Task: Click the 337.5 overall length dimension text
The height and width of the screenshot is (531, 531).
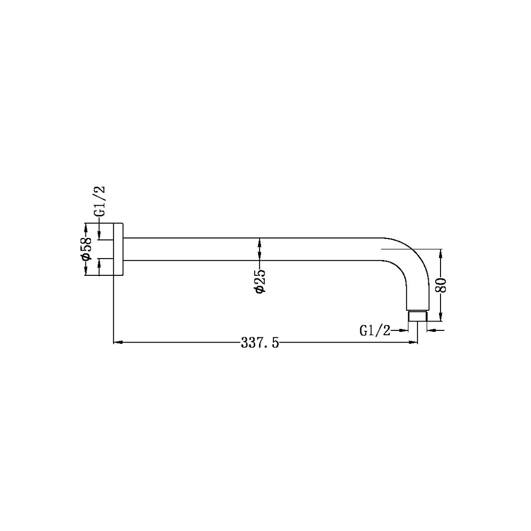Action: [260, 343]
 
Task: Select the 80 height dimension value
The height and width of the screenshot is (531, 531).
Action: [441, 285]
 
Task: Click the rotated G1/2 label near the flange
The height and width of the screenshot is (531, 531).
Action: [100, 202]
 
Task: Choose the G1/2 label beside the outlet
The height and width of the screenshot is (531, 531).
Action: [375, 330]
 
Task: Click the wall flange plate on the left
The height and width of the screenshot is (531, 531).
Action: [118, 249]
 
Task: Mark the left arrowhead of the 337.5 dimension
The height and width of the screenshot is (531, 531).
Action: [118, 343]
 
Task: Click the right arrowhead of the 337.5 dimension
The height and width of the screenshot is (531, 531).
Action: [413, 343]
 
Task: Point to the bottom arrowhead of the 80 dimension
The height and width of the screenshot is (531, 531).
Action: [441, 317]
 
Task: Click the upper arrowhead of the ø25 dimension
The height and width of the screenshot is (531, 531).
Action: [260, 241]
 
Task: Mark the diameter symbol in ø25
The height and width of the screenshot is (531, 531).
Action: [260, 289]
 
